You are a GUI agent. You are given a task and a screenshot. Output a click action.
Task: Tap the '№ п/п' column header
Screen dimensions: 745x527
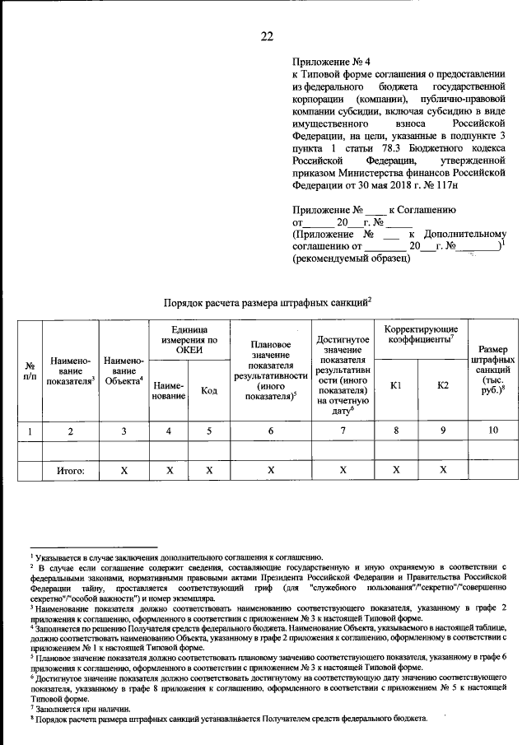(x=30, y=370)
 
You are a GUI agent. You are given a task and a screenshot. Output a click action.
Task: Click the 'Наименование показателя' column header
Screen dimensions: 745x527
(x=70, y=370)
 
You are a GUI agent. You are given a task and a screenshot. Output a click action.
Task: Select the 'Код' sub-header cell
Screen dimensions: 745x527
(x=209, y=391)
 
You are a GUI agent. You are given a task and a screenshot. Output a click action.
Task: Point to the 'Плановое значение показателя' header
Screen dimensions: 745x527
(x=270, y=370)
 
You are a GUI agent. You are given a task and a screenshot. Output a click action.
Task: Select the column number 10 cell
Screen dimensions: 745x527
(x=492, y=430)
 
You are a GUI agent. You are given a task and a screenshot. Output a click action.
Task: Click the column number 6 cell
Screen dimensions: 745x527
(x=270, y=430)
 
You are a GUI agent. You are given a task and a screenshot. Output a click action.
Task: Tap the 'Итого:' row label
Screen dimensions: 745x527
(x=71, y=471)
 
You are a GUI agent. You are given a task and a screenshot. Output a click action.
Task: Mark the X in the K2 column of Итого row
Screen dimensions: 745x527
(x=443, y=471)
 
